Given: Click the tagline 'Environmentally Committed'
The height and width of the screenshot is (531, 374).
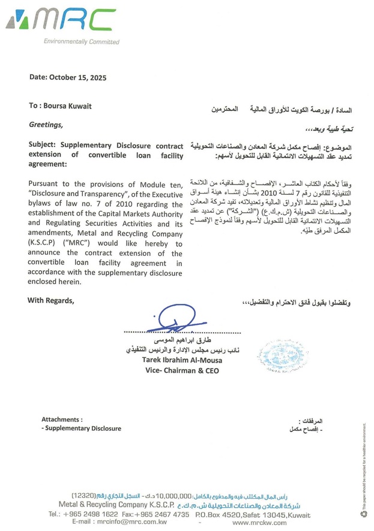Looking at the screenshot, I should pyautogui.click(x=81, y=41).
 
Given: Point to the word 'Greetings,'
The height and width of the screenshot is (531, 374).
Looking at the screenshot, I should pyautogui.click(x=46, y=125).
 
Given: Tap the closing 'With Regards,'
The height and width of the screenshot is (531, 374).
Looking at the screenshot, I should pyautogui.click(x=51, y=300).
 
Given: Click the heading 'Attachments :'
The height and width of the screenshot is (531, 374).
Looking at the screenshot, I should pyautogui.click(x=62, y=420).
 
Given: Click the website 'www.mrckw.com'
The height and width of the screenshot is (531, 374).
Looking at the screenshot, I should pyautogui.click(x=259, y=523).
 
